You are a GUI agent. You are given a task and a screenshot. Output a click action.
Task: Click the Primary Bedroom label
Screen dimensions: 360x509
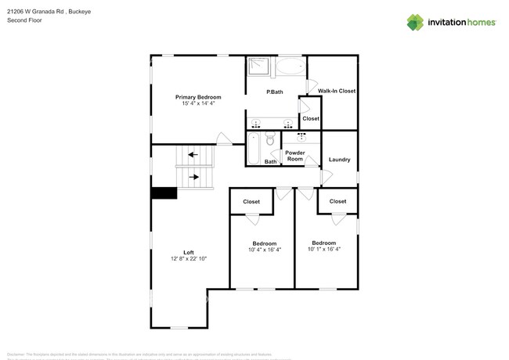pyautogui.click(x=198, y=97)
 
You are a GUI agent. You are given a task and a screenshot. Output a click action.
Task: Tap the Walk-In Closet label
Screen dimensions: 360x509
pyautogui.click(x=337, y=91)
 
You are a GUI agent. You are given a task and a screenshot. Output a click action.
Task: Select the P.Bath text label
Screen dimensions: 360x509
pyautogui.click(x=275, y=92)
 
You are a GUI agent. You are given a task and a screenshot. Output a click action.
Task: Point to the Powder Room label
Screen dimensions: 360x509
pyautogui.click(x=295, y=156)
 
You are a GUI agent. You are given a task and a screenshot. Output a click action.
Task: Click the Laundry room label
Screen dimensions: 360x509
pyautogui.click(x=339, y=160)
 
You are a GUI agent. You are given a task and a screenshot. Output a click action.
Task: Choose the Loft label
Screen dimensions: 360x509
pyautogui.click(x=189, y=252)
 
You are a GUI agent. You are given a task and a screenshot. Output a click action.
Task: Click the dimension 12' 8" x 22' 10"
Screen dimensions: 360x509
pyautogui.click(x=189, y=259)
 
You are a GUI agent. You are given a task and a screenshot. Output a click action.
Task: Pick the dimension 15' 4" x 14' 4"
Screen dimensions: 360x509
pyautogui.click(x=198, y=103)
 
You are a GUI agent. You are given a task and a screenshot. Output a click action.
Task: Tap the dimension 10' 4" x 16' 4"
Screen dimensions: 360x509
pyautogui.click(x=265, y=250)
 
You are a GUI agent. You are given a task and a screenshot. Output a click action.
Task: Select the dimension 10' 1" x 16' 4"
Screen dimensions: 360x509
pyautogui.click(x=324, y=250)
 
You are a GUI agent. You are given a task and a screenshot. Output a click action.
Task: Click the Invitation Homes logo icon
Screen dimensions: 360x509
pyautogui.click(x=415, y=23)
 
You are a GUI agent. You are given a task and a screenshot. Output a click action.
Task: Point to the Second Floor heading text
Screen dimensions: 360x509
pyautogui.click(x=24, y=20)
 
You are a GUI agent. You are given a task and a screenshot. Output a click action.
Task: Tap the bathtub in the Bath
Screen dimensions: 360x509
pyautogui.click(x=254, y=148)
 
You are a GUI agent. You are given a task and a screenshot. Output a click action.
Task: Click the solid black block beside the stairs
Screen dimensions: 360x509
pyautogui.click(x=164, y=193)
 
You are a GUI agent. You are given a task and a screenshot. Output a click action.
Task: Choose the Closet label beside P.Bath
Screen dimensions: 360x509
pyautogui.click(x=311, y=119)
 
